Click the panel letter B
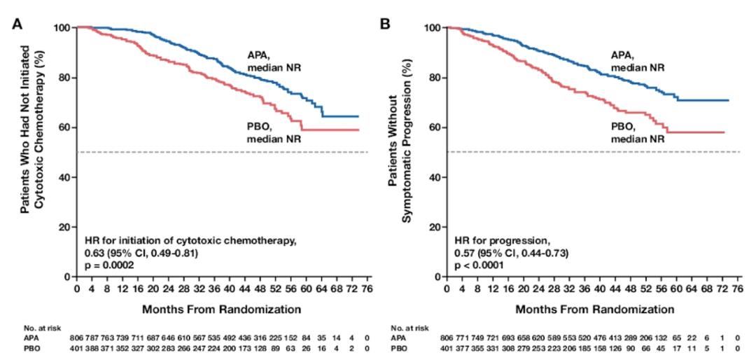tap(384, 23)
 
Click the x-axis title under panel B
tap(593, 307)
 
